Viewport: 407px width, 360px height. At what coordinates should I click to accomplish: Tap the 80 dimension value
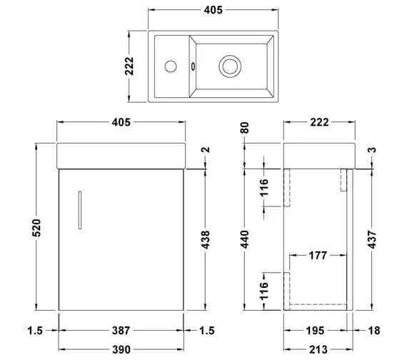coord(244,128)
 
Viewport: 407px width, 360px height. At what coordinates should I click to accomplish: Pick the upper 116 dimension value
coord(263,189)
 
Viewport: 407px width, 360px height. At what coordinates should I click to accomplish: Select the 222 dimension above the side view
coord(318,122)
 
